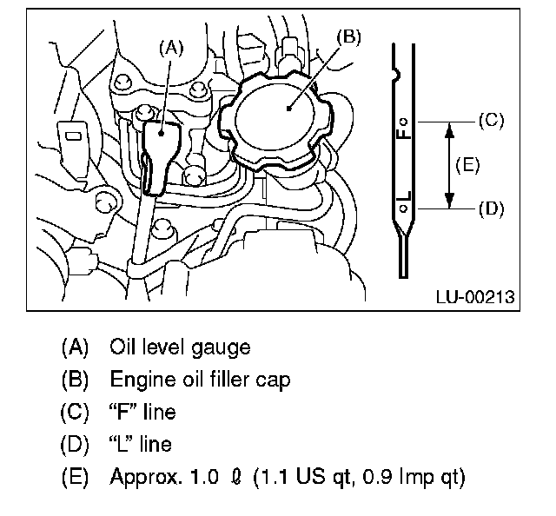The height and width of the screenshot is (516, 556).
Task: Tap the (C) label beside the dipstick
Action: coord(492,121)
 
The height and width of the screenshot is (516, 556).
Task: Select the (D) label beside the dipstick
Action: coord(492,208)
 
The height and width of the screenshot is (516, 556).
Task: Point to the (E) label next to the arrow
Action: coord(467,165)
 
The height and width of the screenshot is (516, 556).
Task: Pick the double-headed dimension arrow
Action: coord(449,165)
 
